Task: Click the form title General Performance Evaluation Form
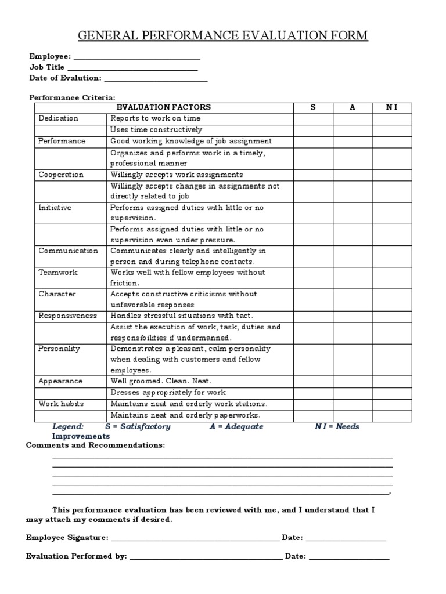[223, 36]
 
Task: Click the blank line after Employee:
[137, 57]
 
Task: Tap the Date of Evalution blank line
[156, 78]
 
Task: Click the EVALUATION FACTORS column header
[164, 107]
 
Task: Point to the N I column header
[392, 107]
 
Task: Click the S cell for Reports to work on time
[312, 118]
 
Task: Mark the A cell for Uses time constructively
[352, 130]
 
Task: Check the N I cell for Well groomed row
[392, 381]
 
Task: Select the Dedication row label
[58, 118]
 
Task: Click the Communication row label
[68, 251]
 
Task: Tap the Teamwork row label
[57, 272]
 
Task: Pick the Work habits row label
[60, 404]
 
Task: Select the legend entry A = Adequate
[236, 426]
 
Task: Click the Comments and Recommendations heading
[95, 445]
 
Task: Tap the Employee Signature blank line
[195, 538]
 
